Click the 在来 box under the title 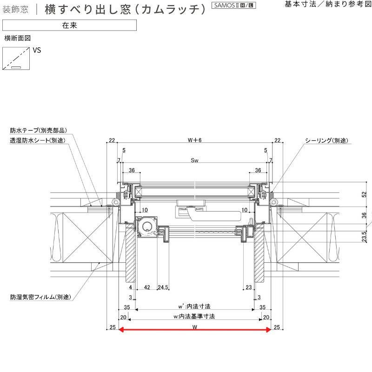[x=69, y=25]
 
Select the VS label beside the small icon [x=37, y=50]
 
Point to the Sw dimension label [x=194, y=160]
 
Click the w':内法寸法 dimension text [x=194, y=307]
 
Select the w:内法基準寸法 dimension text [x=194, y=316]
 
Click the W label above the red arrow [x=194, y=326]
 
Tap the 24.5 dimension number [x=163, y=287]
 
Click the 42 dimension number [x=146, y=287]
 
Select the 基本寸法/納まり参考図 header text [x=328, y=4]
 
